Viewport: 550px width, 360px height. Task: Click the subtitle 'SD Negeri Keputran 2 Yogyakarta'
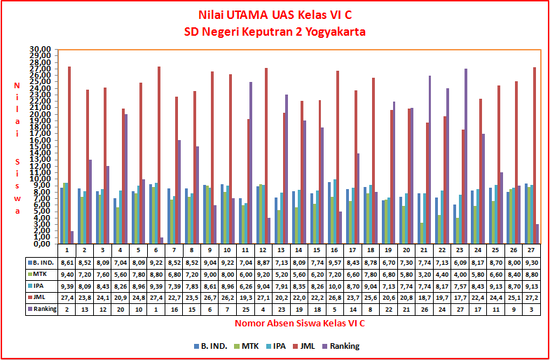tap(275, 32)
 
